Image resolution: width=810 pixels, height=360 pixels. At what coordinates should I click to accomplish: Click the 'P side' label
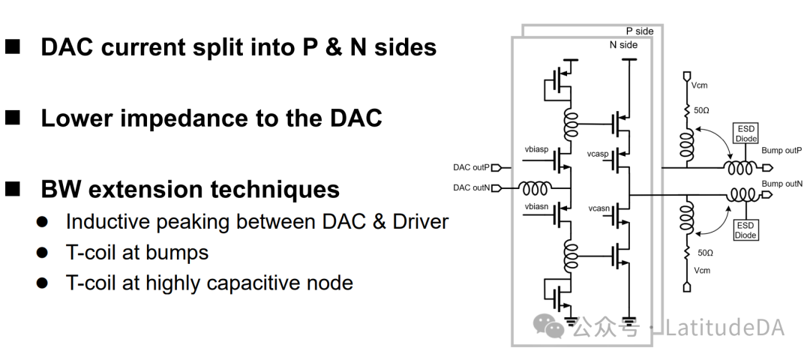[640, 31]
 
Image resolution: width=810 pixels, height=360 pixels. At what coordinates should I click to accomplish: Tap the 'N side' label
[622, 45]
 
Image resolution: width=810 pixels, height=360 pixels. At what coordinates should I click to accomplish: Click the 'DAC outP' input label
[472, 167]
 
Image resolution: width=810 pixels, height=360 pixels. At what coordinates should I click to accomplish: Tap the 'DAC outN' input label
[472, 187]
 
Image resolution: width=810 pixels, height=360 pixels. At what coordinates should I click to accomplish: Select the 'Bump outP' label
[781, 150]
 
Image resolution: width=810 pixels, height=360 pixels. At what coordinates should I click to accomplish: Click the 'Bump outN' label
[781, 184]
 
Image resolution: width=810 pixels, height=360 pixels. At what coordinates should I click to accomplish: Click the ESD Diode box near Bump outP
[746, 133]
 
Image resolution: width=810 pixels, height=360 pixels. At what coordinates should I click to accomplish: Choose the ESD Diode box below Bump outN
[746, 230]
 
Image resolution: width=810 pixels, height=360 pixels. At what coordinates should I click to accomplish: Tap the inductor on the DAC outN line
[535, 187]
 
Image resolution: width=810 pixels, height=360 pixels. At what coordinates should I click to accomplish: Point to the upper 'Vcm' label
[700, 85]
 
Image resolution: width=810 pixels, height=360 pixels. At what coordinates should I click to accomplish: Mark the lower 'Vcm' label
[700, 270]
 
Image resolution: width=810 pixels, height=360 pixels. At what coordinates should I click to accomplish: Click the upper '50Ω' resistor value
[701, 110]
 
